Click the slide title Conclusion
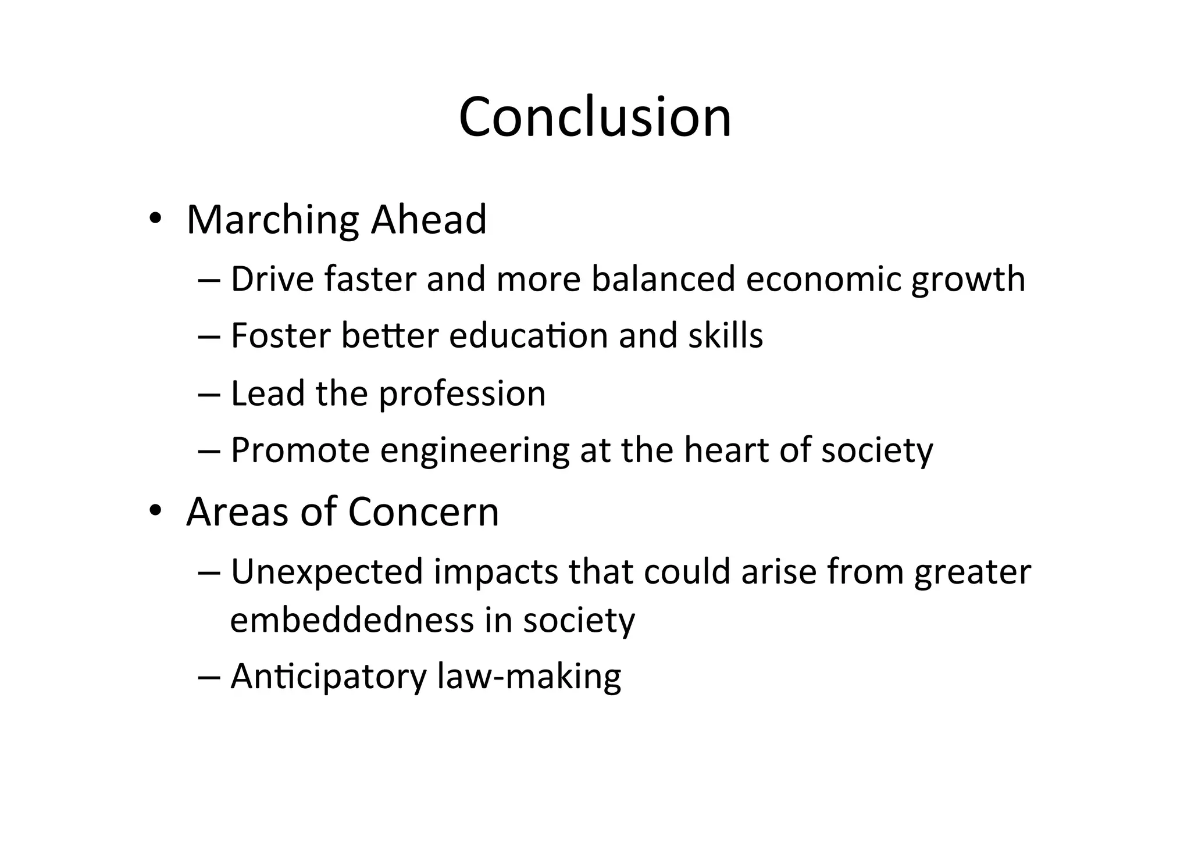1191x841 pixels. pyautogui.click(x=595, y=117)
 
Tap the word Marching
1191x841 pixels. pyautogui.click(x=272, y=221)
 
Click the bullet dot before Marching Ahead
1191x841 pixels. pyautogui.click(x=154, y=219)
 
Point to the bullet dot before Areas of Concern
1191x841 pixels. pyautogui.click(x=154, y=511)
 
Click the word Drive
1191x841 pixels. pyautogui.click(x=272, y=279)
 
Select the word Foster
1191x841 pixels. pyautogui.click(x=280, y=336)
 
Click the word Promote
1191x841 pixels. pyautogui.click(x=300, y=450)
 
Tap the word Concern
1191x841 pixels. pyautogui.click(x=423, y=512)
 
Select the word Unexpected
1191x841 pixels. pyautogui.click(x=327, y=572)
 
